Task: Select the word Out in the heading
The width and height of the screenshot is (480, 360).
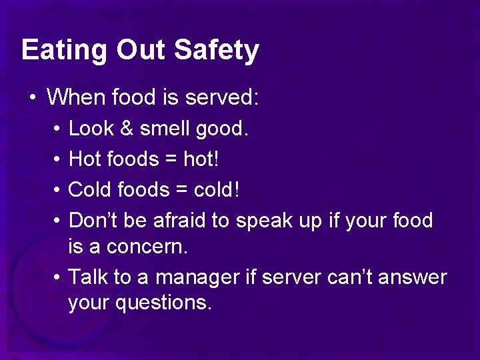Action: (x=144, y=50)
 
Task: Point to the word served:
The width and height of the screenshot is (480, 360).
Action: (x=222, y=98)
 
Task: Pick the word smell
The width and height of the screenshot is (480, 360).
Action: (x=165, y=129)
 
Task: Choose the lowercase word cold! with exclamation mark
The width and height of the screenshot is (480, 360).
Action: (x=217, y=190)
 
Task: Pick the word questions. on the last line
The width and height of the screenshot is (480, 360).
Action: (x=163, y=303)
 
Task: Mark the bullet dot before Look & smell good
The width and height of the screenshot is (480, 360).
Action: (x=59, y=129)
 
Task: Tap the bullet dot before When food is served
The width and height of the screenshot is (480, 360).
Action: (x=32, y=99)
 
